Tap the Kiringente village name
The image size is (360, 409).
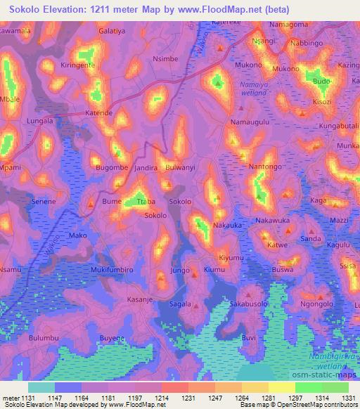77,64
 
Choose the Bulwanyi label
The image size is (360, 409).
181,169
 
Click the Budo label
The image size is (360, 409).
321,82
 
